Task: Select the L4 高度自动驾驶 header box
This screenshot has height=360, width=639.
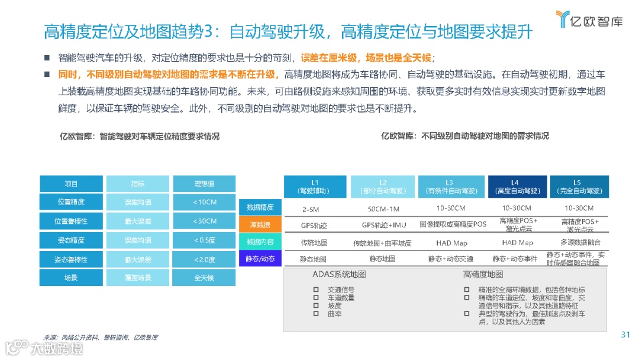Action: tap(517, 187)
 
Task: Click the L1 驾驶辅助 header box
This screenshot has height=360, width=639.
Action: tap(315, 187)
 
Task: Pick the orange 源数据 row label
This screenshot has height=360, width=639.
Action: tap(260, 225)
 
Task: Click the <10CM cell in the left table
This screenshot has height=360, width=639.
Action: tap(204, 202)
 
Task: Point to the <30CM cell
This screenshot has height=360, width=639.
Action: tap(204, 221)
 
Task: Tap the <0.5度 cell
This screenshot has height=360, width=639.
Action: tap(204, 240)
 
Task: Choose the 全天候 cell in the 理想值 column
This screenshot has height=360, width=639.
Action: tap(204, 278)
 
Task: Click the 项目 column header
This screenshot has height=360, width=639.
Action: tap(71, 184)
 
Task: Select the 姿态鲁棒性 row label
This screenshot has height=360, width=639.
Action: tap(71, 259)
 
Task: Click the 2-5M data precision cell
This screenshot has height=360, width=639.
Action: tap(311, 208)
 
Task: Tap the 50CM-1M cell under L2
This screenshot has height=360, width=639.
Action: tap(383, 208)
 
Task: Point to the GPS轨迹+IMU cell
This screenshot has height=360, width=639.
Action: tap(383, 225)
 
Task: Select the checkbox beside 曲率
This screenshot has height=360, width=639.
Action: tap(316, 314)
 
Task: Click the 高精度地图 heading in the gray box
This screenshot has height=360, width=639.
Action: tap(483, 275)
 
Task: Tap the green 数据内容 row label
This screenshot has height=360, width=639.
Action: tap(260, 242)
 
